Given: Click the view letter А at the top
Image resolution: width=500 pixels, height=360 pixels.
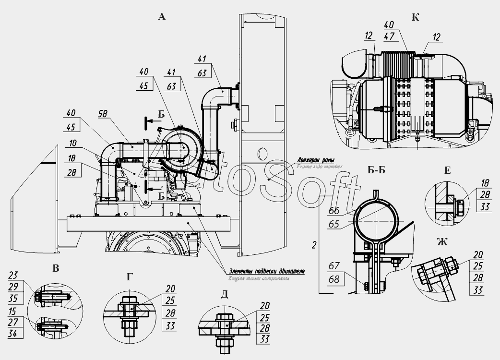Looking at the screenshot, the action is (x=162, y=17).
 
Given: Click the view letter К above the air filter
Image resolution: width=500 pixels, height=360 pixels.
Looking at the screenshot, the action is (x=416, y=17).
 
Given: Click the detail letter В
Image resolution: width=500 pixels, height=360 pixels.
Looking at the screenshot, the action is (x=56, y=268).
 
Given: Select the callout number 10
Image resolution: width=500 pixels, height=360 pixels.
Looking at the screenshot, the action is (x=72, y=143).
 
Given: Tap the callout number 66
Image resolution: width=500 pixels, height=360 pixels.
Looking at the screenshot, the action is (x=334, y=211).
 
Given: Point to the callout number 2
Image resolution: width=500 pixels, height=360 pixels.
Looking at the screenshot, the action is (x=313, y=245).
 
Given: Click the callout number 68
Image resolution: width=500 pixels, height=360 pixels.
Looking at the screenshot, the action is (x=334, y=277).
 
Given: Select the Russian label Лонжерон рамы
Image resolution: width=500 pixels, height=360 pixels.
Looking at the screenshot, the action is (x=316, y=160).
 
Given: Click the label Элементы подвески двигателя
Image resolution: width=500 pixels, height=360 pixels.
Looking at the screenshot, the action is (x=266, y=271).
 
